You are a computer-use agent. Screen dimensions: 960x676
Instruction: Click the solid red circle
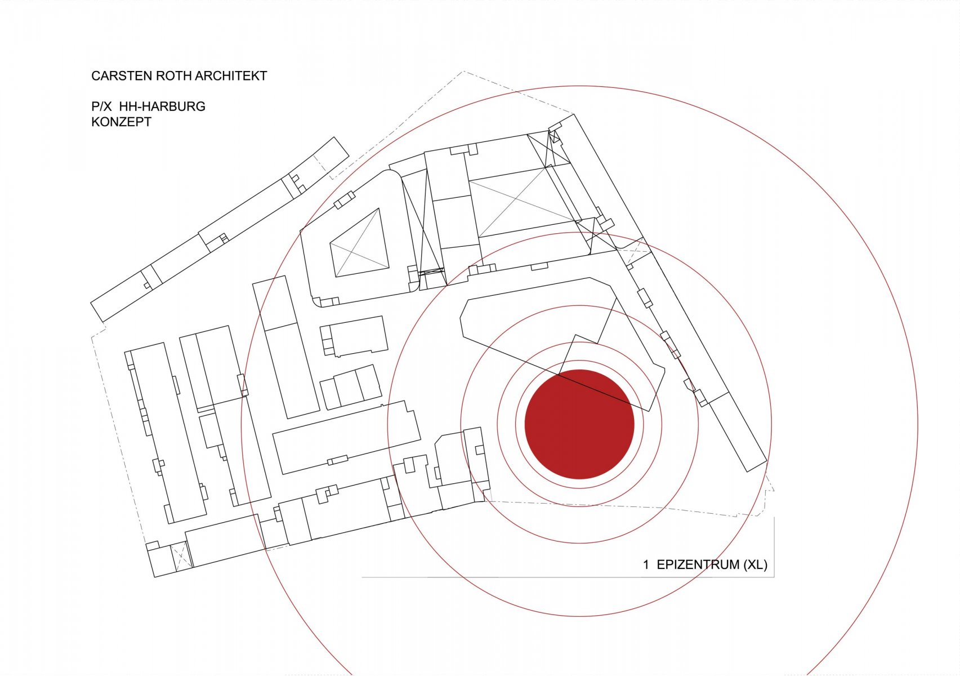point(579,424)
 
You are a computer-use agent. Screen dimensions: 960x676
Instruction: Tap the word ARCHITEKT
point(231,76)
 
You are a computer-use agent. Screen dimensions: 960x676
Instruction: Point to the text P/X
point(101,106)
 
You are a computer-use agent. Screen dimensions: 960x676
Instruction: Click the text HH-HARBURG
point(162,106)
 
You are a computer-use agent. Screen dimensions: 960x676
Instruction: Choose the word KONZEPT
point(121,122)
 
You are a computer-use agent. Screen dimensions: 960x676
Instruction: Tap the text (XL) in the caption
point(755,564)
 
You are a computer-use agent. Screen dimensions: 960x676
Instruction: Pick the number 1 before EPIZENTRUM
point(646,564)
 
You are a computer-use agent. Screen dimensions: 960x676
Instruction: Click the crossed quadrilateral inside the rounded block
point(360,243)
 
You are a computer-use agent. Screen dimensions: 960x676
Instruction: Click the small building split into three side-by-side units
point(351,387)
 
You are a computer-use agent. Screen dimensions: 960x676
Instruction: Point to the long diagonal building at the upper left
point(220,229)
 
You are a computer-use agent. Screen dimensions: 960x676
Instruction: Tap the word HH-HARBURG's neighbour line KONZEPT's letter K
point(95,122)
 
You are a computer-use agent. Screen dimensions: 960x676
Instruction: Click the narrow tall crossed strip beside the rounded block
point(423,227)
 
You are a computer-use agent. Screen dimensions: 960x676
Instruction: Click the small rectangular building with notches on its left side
point(354,336)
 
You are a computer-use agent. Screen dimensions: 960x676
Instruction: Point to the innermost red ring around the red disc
point(579,361)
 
